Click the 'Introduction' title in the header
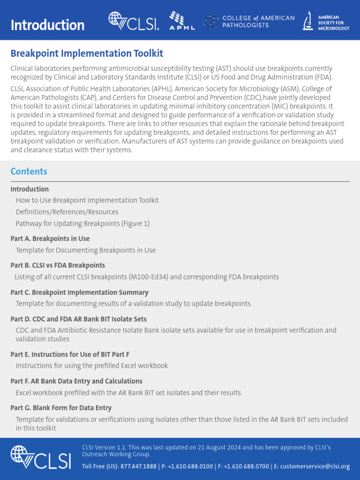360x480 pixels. click(47, 25)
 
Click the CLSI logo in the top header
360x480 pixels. click(134, 21)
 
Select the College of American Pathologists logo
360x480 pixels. click(249, 21)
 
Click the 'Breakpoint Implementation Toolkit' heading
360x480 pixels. click(87, 53)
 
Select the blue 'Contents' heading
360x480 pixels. click(29, 171)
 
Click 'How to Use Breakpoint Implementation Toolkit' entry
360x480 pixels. click(87, 200)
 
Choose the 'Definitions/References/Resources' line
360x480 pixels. click(67, 212)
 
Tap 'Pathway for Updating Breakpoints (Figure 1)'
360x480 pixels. click(82, 224)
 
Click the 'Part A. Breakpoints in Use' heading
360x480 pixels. click(50, 239)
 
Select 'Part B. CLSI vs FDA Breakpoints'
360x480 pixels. click(58, 265)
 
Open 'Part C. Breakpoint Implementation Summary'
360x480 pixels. click(79, 292)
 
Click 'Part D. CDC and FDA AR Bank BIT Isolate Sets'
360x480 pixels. click(78, 319)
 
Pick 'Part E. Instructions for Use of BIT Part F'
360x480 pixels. click(70, 354)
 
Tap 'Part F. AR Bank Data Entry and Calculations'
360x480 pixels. click(76, 381)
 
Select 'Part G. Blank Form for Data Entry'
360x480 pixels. click(61, 408)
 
